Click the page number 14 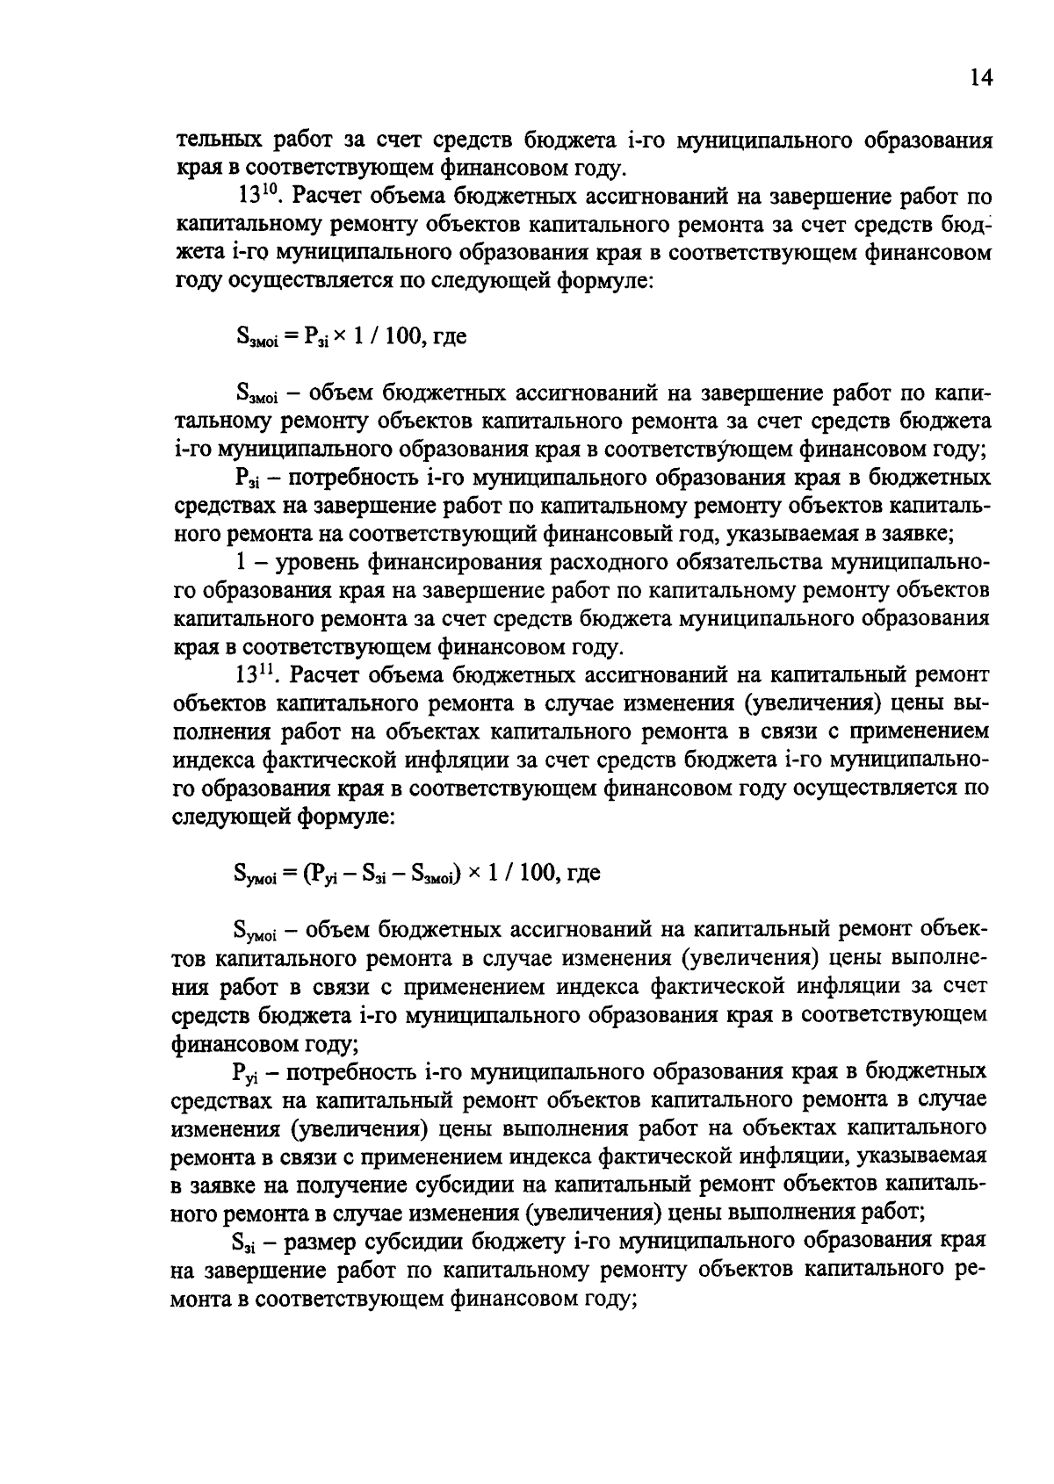981,78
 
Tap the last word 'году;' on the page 603,1300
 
